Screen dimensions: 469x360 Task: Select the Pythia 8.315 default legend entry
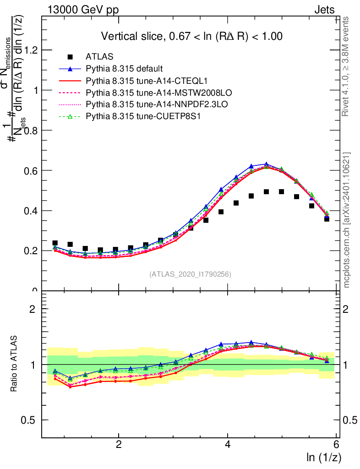(x=124, y=69)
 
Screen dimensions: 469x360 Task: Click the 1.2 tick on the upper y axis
(x=31, y=50)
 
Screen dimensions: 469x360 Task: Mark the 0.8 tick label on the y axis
(x=31, y=131)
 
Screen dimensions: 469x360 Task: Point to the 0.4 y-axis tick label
(x=31, y=211)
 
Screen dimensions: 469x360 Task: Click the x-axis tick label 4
(x=228, y=445)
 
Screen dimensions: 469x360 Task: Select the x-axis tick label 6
(x=337, y=445)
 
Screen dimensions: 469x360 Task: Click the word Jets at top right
(x=324, y=10)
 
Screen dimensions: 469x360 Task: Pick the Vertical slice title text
(x=191, y=36)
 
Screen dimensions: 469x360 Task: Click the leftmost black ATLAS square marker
(x=55, y=243)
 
